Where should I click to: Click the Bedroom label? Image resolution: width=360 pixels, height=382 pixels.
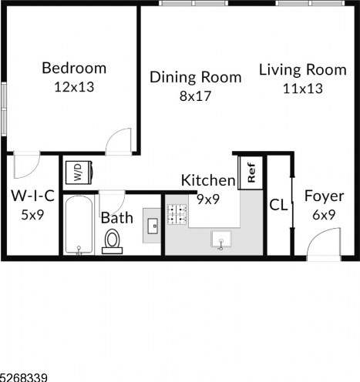(74, 68)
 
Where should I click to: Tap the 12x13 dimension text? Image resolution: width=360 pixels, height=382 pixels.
(74, 87)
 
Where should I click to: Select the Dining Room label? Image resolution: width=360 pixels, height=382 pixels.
(196, 77)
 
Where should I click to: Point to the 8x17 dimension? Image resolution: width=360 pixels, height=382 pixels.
(195, 96)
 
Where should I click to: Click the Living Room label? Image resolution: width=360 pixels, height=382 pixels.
(303, 70)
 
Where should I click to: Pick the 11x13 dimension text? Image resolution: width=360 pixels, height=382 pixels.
(303, 89)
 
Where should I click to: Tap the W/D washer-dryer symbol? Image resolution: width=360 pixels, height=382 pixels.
(79, 173)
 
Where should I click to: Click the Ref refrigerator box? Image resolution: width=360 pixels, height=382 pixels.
(251, 173)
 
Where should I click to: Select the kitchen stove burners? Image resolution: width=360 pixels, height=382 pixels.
(177, 214)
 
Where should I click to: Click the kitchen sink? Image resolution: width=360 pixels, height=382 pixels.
(221, 240)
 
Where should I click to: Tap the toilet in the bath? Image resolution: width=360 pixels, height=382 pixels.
(113, 241)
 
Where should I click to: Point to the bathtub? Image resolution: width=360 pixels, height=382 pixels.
(79, 225)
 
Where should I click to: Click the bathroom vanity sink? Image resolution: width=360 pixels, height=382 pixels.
(153, 226)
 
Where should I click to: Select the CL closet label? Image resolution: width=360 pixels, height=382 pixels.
(278, 205)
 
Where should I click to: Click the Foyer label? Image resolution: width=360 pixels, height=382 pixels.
(324, 196)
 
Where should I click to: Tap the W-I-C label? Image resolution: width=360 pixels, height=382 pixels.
(32, 196)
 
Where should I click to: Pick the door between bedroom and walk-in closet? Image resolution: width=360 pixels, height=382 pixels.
(27, 165)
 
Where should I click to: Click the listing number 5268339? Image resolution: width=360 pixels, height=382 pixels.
(24, 377)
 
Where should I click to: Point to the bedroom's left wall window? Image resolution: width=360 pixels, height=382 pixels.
(4, 109)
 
